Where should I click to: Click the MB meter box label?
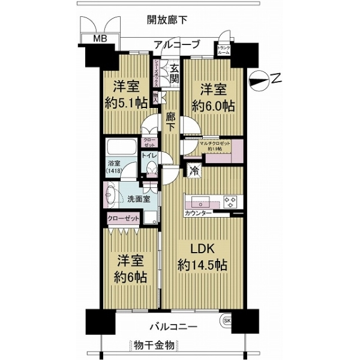click(97, 40)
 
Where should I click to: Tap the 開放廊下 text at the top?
click(167, 20)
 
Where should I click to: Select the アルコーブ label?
click(177, 44)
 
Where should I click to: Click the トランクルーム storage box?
click(224, 50)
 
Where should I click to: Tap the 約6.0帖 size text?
click(213, 106)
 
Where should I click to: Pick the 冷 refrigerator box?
click(194, 170)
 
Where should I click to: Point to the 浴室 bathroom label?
click(114, 163)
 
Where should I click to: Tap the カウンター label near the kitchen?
click(198, 213)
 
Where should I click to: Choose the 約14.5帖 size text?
click(201, 264)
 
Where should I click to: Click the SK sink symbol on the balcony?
click(228, 320)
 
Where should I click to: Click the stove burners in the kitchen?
click(230, 201)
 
